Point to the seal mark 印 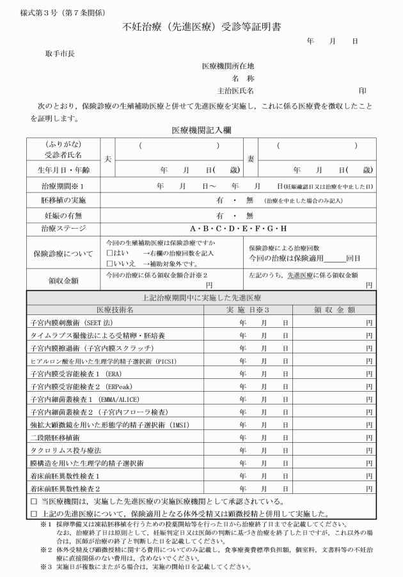(362, 90)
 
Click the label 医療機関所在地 (228, 65)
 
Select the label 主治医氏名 (236, 90)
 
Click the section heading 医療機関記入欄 (201, 130)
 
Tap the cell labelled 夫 (107, 157)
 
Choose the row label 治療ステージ (62, 228)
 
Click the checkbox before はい (110, 252)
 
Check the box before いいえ (110, 262)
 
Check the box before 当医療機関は (34, 501)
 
